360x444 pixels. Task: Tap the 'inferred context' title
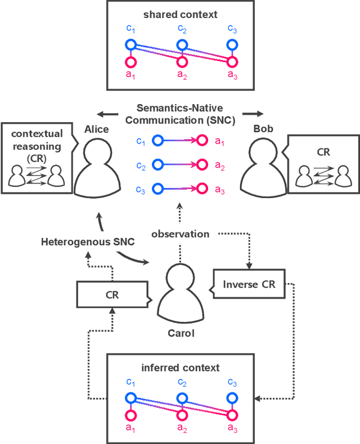click(x=181, y=368)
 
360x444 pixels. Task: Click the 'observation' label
click(x=181, y=234)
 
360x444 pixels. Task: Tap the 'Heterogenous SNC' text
click(x=79, y=242)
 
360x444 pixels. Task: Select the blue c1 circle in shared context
click(x=130, y=44)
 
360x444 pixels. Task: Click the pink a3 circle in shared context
click(x=231, y=62)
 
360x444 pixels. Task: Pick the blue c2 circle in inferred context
click(x=181, y=397)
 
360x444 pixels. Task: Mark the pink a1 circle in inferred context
click(x=130, y=415)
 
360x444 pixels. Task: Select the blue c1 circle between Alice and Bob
click(x=158, y=140)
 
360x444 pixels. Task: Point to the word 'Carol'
click(x=181, y=333)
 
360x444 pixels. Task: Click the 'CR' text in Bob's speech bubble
click(x=322, y=151)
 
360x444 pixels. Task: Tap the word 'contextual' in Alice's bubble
click(x=37, y=134)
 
